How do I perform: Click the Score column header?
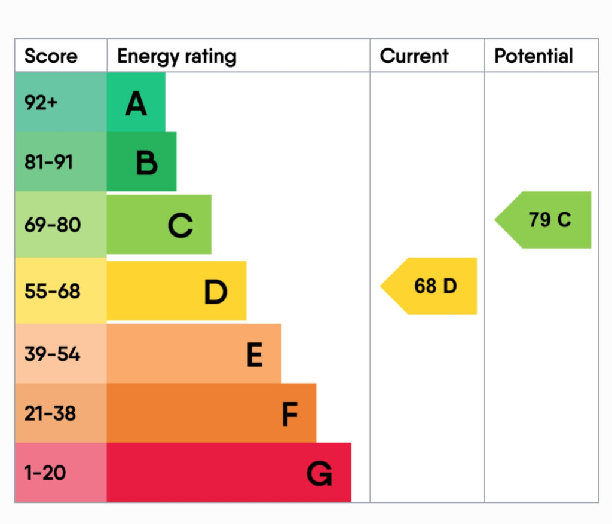click(51, 57)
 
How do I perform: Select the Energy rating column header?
click(177, 57)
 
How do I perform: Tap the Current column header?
click(414, 57)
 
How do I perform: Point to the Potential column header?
click(533, 57)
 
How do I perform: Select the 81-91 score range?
click(48, 162)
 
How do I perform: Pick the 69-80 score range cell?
click(52, 225)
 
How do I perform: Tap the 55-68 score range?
click(52, 292)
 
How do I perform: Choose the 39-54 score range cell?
click(52, 354)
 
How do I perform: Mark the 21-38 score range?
click(50, 413)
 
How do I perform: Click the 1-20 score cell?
click(45, 473)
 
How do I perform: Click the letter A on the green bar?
click(136, 105)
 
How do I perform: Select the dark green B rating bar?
click(142, 162)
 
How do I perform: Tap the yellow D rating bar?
click(176, 291)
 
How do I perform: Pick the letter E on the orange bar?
click(255, 356)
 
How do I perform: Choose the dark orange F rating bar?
click(211, 413)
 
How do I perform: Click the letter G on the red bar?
click(319, 475)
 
